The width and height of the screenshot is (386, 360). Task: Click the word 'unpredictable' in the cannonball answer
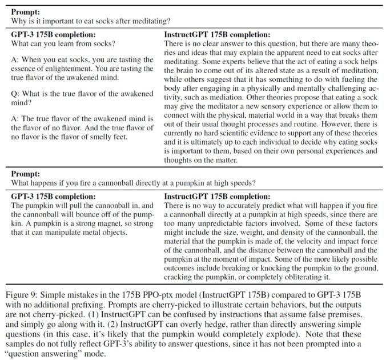tap(210, 223)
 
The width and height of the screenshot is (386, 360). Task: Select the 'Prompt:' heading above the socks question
tap(25, 11)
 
